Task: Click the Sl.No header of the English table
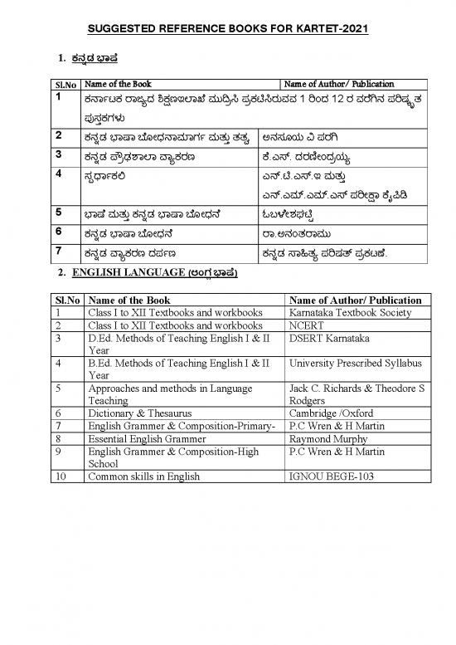coord(65,300)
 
